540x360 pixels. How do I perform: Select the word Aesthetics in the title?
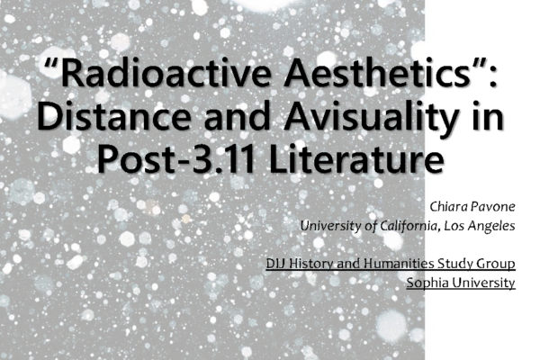coord(377,74)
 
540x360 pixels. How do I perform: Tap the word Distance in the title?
coord(114,116)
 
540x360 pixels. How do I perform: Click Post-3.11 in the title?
coord(176,158)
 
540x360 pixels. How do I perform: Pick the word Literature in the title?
coord(355,158)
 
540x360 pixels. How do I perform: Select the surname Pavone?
coord(493,207)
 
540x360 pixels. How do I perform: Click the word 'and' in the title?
coord(237,116)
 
